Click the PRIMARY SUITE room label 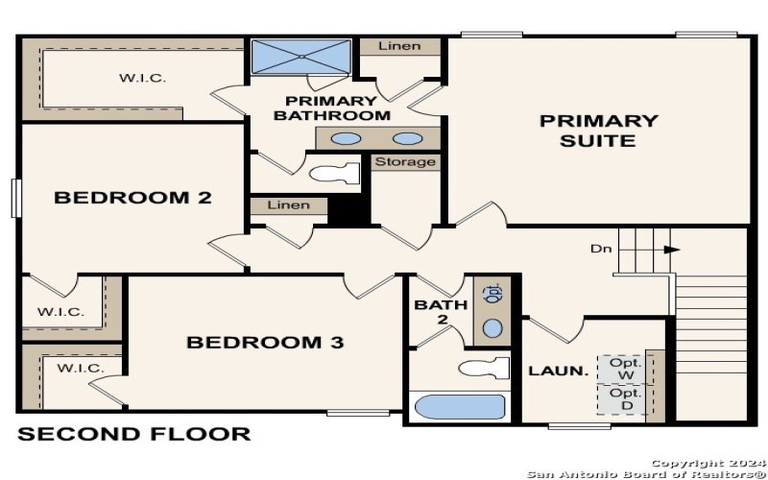(x=598, y=131)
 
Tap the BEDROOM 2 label (x=132, y=198)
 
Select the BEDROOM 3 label (x=265, y=342)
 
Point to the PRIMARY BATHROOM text (x=332, y=108)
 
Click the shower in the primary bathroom (x=300, y=56)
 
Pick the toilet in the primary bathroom (x=337, y=174)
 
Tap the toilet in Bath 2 (x=484, y=368)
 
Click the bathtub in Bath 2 (x=459, y=407)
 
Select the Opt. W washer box (x=625, y=368)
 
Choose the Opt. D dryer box (x=625, y=399)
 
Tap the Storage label (x=405, y=161)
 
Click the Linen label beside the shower (x=399, y=45)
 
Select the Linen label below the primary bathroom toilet (x=289, y=204)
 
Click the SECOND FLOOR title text (x=134, y=434)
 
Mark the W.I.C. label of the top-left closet (x=143, y=79)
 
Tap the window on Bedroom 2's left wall (x=15, y=198)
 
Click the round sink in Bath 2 (x=492, y=329)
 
